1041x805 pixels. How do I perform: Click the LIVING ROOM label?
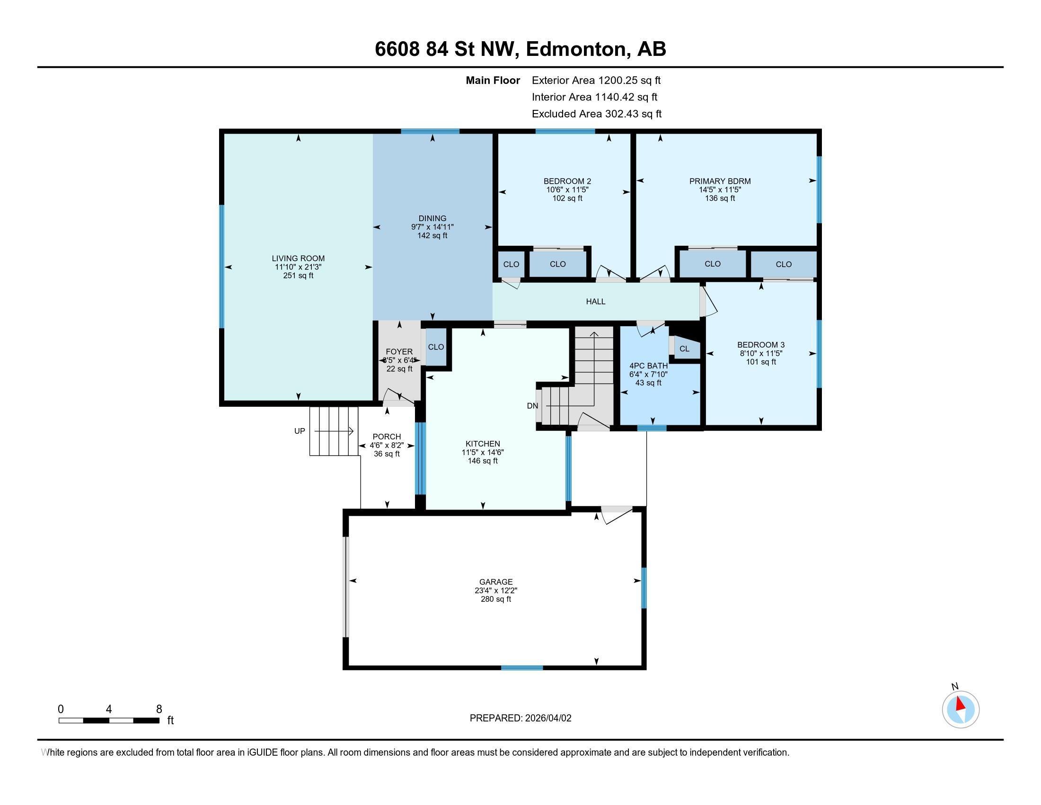[298, 259]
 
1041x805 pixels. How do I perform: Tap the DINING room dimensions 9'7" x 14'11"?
[432, 227]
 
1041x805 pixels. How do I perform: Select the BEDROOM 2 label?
[567, 181]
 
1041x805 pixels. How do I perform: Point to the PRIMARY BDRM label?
[720, 181]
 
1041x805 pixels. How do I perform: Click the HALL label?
[595, 301]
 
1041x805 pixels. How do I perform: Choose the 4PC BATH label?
[648, 366]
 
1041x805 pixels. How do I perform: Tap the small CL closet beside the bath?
[685, 349]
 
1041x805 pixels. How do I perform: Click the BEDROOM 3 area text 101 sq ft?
[761, 362]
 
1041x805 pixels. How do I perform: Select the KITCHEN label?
[482, 444]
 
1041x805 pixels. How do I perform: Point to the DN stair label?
[532, 406]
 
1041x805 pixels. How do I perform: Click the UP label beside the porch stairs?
[300, 431]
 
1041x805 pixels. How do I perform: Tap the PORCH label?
[387, 437]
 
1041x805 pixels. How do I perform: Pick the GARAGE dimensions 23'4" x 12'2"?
[496, 590]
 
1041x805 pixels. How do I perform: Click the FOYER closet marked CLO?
[436, 347]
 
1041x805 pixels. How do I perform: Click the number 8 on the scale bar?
[159, 709]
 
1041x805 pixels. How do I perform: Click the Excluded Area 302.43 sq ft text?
[596, 114]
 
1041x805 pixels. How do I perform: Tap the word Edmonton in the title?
[576, 49]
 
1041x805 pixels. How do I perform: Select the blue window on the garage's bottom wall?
[521, 668]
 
